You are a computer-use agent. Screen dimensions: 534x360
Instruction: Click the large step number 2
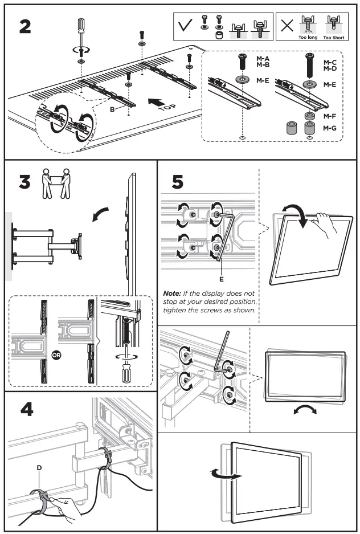pos(25,27)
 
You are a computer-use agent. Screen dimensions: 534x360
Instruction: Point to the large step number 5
pos(177,184)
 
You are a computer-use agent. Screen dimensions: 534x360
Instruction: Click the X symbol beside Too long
pos(288,26)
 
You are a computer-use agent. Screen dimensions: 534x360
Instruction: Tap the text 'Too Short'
pos(334,37)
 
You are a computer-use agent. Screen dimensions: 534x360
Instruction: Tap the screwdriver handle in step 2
pos(80,27)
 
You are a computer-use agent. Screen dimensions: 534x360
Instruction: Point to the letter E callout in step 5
pos(220,280)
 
